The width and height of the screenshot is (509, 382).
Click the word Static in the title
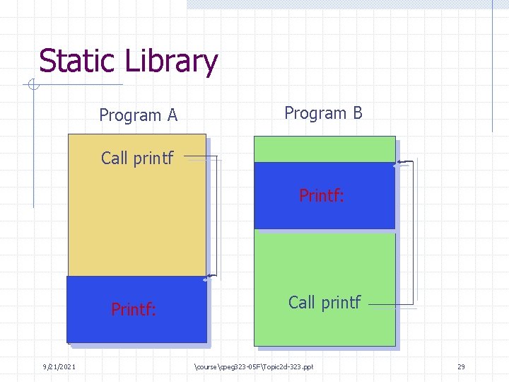pos(78,61)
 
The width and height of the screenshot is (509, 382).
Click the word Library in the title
pos(172,62)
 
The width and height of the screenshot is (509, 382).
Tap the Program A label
pos(138,115)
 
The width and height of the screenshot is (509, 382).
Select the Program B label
pos(323,112)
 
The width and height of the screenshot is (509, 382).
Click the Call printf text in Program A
pos(137,158)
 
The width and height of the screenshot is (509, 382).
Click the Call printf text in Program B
pos(324,302)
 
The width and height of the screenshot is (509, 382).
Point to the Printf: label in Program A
pos(134,309)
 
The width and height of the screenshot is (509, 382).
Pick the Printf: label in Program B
pos(322,195)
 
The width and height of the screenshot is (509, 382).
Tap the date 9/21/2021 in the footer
pos(59,366)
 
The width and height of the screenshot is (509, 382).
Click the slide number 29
pos(461,366)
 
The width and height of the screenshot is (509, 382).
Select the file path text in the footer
pos(252,366)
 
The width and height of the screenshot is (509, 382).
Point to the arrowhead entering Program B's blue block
pos(399,163)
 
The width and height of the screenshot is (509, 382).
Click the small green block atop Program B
pos(324,149)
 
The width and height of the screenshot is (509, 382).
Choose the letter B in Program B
pos(357,112)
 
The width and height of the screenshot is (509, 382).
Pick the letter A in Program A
pos(172,115)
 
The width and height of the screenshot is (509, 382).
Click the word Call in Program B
pos(301,302)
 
